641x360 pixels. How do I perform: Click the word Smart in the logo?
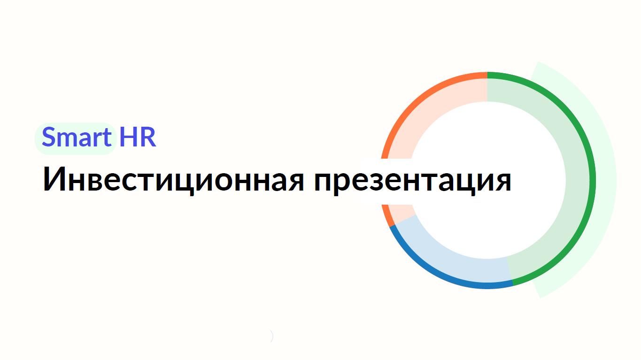point(77,137)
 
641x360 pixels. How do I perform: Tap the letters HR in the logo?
point(138,137)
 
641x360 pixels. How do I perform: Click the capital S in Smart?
point(48,137)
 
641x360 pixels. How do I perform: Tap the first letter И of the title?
point(54,178)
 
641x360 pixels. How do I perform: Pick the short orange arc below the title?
point(387,216)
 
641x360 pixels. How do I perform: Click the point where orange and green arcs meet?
point(487,75)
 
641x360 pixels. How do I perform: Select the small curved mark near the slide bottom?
point(271,336)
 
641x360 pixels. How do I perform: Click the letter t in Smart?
point(107,138)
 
